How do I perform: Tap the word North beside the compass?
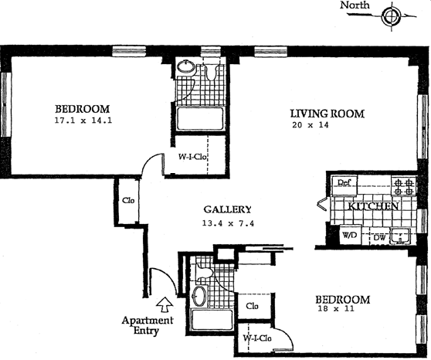(x=355, y=5)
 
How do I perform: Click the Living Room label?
(x=327, y=114)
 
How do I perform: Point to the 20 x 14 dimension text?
(x=311, y=125)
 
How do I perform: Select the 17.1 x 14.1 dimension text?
(x=83, y=121)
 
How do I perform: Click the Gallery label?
(x=227, y=209)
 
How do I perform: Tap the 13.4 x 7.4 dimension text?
(x=228, y=223)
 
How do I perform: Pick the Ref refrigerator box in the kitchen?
(x=344, y=185)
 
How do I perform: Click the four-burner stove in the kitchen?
(x=403, y=186)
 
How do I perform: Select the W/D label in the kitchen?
(x=349, y=235)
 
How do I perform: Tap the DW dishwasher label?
(x=379, y=238)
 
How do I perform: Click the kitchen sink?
(x=400, y=236)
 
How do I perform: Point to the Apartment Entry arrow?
(x=165, y=304)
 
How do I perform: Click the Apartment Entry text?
(x=148, y=325)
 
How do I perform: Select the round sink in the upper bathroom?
(x=186, y=66)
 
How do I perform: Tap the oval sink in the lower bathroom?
(x=199, y=296)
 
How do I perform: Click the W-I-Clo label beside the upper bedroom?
(x=192, y=157)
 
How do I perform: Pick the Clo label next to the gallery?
(x=128, y=200)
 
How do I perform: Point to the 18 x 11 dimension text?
(x=336, y=308)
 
